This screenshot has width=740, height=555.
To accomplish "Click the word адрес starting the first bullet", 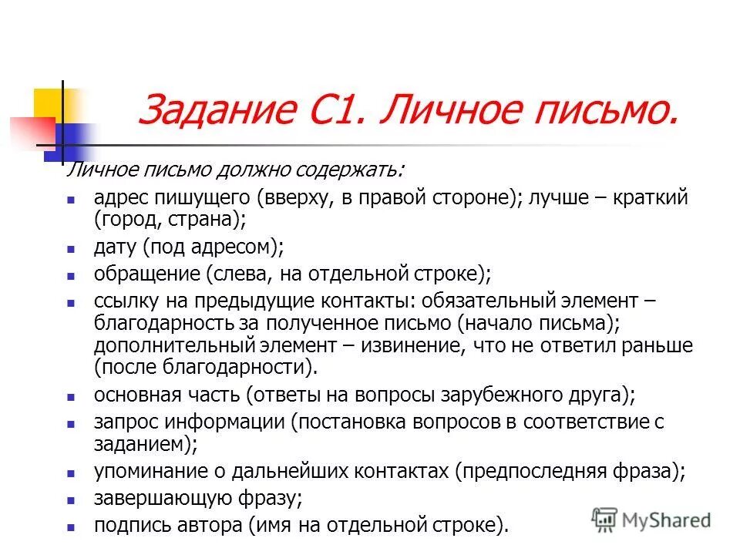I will click(x=119, y=197).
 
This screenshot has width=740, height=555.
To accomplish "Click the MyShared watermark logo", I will click(x=651, y=519).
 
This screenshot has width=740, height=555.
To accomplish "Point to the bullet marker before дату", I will click(x=70, y=249).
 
